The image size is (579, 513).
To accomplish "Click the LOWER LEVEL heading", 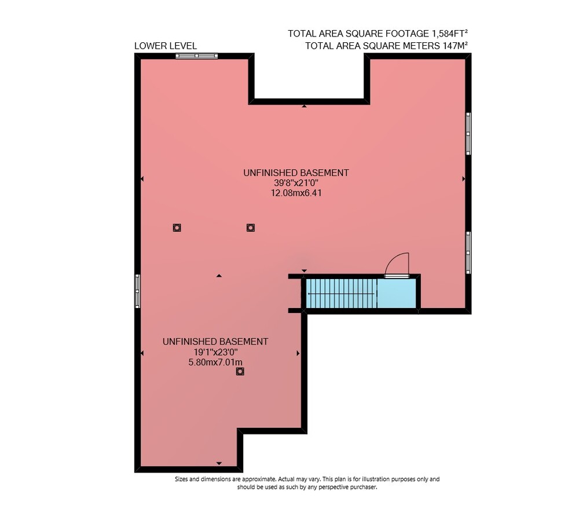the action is point(166,46).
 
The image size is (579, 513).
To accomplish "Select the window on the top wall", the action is point(196,56).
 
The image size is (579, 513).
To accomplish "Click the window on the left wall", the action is point(137,291).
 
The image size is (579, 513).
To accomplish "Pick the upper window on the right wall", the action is point(468,133).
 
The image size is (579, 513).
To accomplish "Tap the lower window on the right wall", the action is point(468,252).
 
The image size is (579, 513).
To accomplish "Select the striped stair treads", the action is point(342,294).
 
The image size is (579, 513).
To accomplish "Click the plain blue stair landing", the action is point(397,294).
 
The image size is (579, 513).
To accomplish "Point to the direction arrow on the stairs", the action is point(341,294).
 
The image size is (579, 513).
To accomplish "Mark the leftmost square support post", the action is point(177,228).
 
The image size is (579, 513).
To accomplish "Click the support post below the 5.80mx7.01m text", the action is point(240,372).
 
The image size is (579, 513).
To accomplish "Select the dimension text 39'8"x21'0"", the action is point(296,183).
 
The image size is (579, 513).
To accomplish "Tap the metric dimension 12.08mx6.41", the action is point(296,193).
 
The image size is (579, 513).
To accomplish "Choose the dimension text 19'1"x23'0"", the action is point(215,352).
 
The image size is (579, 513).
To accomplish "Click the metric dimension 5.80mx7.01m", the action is point(215,362).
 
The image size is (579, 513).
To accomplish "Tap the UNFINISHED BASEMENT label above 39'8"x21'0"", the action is point(296,173).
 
